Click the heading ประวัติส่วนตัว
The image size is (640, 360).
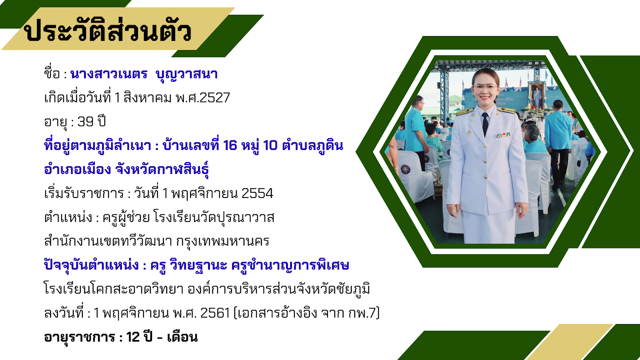(108, 31)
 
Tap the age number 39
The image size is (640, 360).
(86, 122)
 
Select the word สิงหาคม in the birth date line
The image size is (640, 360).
(148, 97)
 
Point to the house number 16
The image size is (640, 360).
(230, 146)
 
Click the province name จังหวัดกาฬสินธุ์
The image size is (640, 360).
(162, 169)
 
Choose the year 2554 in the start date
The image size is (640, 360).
(257, 194)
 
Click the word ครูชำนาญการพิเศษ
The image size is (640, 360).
(290, 265)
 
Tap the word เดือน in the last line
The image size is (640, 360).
(182, 337)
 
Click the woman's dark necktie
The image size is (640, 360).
(485, 124)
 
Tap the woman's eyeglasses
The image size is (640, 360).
(486, 88)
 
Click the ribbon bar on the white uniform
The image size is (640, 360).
(504, 135)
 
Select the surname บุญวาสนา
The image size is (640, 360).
(186, 74)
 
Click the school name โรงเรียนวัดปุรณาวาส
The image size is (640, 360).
(214, 218)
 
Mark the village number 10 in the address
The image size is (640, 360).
(270, 146)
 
